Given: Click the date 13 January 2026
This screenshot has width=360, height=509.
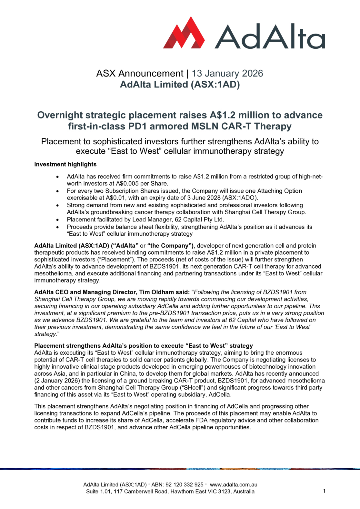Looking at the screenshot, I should (227, 74).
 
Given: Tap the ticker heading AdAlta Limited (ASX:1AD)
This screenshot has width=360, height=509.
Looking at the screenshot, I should (180, 85).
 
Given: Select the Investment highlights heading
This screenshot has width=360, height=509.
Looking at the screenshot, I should (65, 164).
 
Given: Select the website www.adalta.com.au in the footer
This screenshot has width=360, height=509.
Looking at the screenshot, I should (234, 484).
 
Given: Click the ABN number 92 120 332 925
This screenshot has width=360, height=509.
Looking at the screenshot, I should (184, 484).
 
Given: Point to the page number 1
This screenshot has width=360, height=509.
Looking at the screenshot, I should (324, 491).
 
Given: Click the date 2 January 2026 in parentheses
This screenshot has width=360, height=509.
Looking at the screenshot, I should (57, 381).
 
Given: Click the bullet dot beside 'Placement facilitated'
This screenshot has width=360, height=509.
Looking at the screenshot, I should (57, 220).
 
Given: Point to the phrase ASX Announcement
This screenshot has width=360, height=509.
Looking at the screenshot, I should (140, 74).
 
